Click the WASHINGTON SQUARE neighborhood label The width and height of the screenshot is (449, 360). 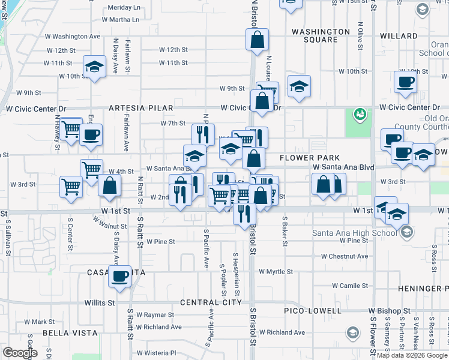(320, 35)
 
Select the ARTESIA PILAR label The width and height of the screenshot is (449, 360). (141, 108)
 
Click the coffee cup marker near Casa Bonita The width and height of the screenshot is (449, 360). (120, 277)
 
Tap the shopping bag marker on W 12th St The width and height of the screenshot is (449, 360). (256, 40)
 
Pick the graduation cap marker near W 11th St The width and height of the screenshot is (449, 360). (94, 68)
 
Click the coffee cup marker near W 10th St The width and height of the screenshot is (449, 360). (405, 82)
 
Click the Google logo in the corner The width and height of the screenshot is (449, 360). (20, 353)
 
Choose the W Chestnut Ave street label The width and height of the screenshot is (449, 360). (344, 256)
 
